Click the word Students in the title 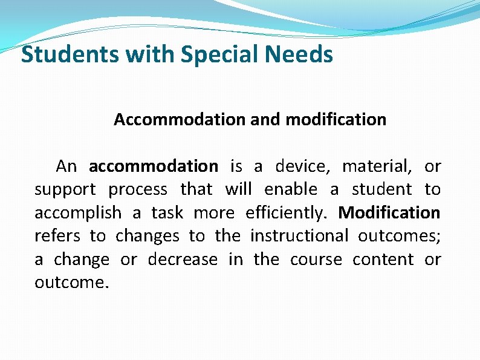[71, 55]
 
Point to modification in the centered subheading [336, 120]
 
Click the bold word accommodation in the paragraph [153, 166]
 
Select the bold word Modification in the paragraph [389, 213]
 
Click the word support [65, 190]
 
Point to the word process [138, 190]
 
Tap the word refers [56, 236]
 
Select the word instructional [299, 236]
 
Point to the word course [316, 260]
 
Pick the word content [383, 260]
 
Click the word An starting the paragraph [66, 166]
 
